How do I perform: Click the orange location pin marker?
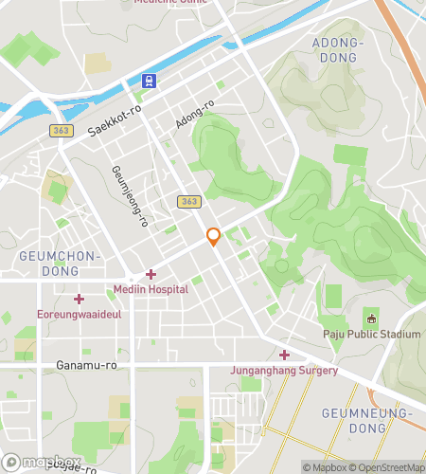point(214,237)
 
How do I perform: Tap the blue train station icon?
point(149,82)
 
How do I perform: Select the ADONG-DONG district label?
point(337,51)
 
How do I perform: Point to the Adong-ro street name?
point(195,116)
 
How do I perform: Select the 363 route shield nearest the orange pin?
point(187,202)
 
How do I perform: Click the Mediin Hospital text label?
point(150,291)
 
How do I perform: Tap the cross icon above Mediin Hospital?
point(151,275)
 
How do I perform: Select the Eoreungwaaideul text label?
point(79,314)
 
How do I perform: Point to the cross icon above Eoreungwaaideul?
point(79,299)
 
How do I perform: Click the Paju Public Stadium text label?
point(371,334)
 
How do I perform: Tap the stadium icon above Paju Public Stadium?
point(371,318)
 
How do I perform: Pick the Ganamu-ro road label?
point(85,364)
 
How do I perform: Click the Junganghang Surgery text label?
point(284,371)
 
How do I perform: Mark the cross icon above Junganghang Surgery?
point(284,355)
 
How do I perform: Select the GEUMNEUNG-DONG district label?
point(367,421)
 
